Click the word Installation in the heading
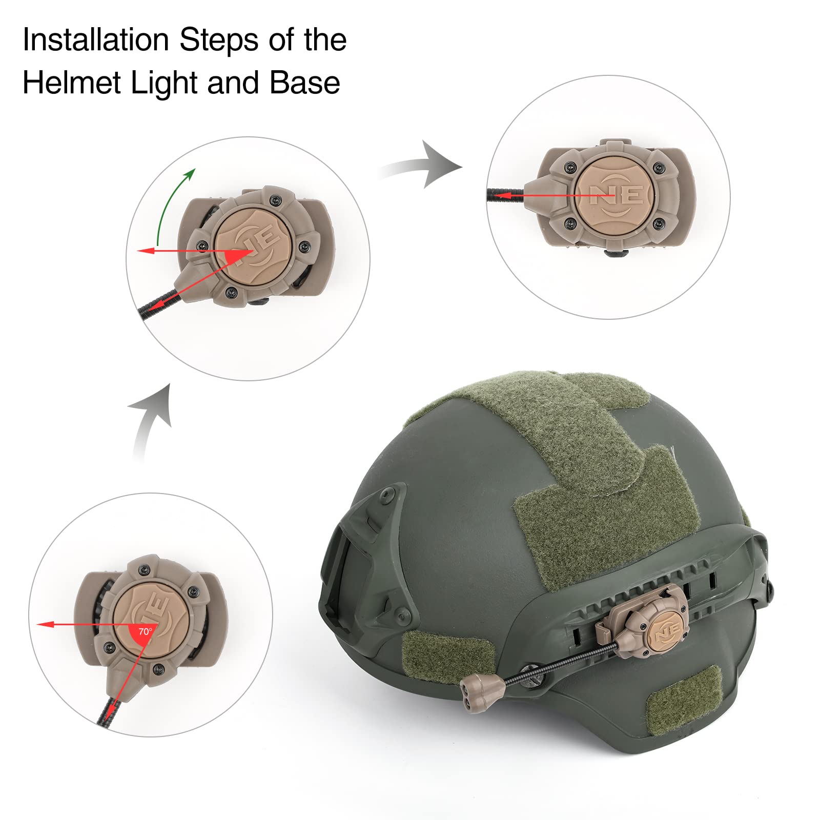(96, 40)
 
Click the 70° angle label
(145, 631)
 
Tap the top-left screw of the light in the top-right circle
(570, 167)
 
